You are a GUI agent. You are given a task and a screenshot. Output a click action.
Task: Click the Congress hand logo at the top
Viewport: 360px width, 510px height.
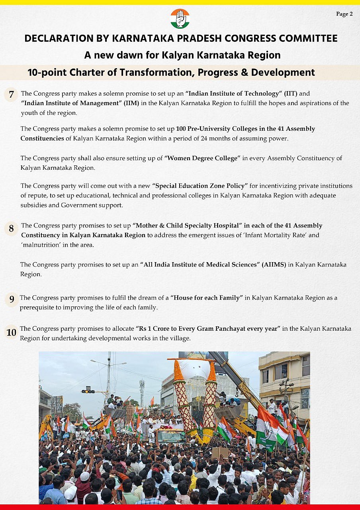[180, 18]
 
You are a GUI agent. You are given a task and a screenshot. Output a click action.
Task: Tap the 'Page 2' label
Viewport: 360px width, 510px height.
[344, 14]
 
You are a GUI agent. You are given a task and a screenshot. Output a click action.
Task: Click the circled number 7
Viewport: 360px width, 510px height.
[12, 95]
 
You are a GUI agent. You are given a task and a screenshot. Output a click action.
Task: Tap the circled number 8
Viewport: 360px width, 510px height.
[12, 229]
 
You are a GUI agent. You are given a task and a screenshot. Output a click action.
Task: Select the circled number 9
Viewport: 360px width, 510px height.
[12, 299]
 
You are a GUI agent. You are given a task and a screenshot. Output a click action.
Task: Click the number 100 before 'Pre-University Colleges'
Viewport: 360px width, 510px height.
[182, 129]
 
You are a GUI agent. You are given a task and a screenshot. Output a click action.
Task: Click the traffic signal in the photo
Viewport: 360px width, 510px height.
[88, 391]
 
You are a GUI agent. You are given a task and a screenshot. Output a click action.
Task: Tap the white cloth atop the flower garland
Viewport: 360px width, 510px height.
[195, 368]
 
